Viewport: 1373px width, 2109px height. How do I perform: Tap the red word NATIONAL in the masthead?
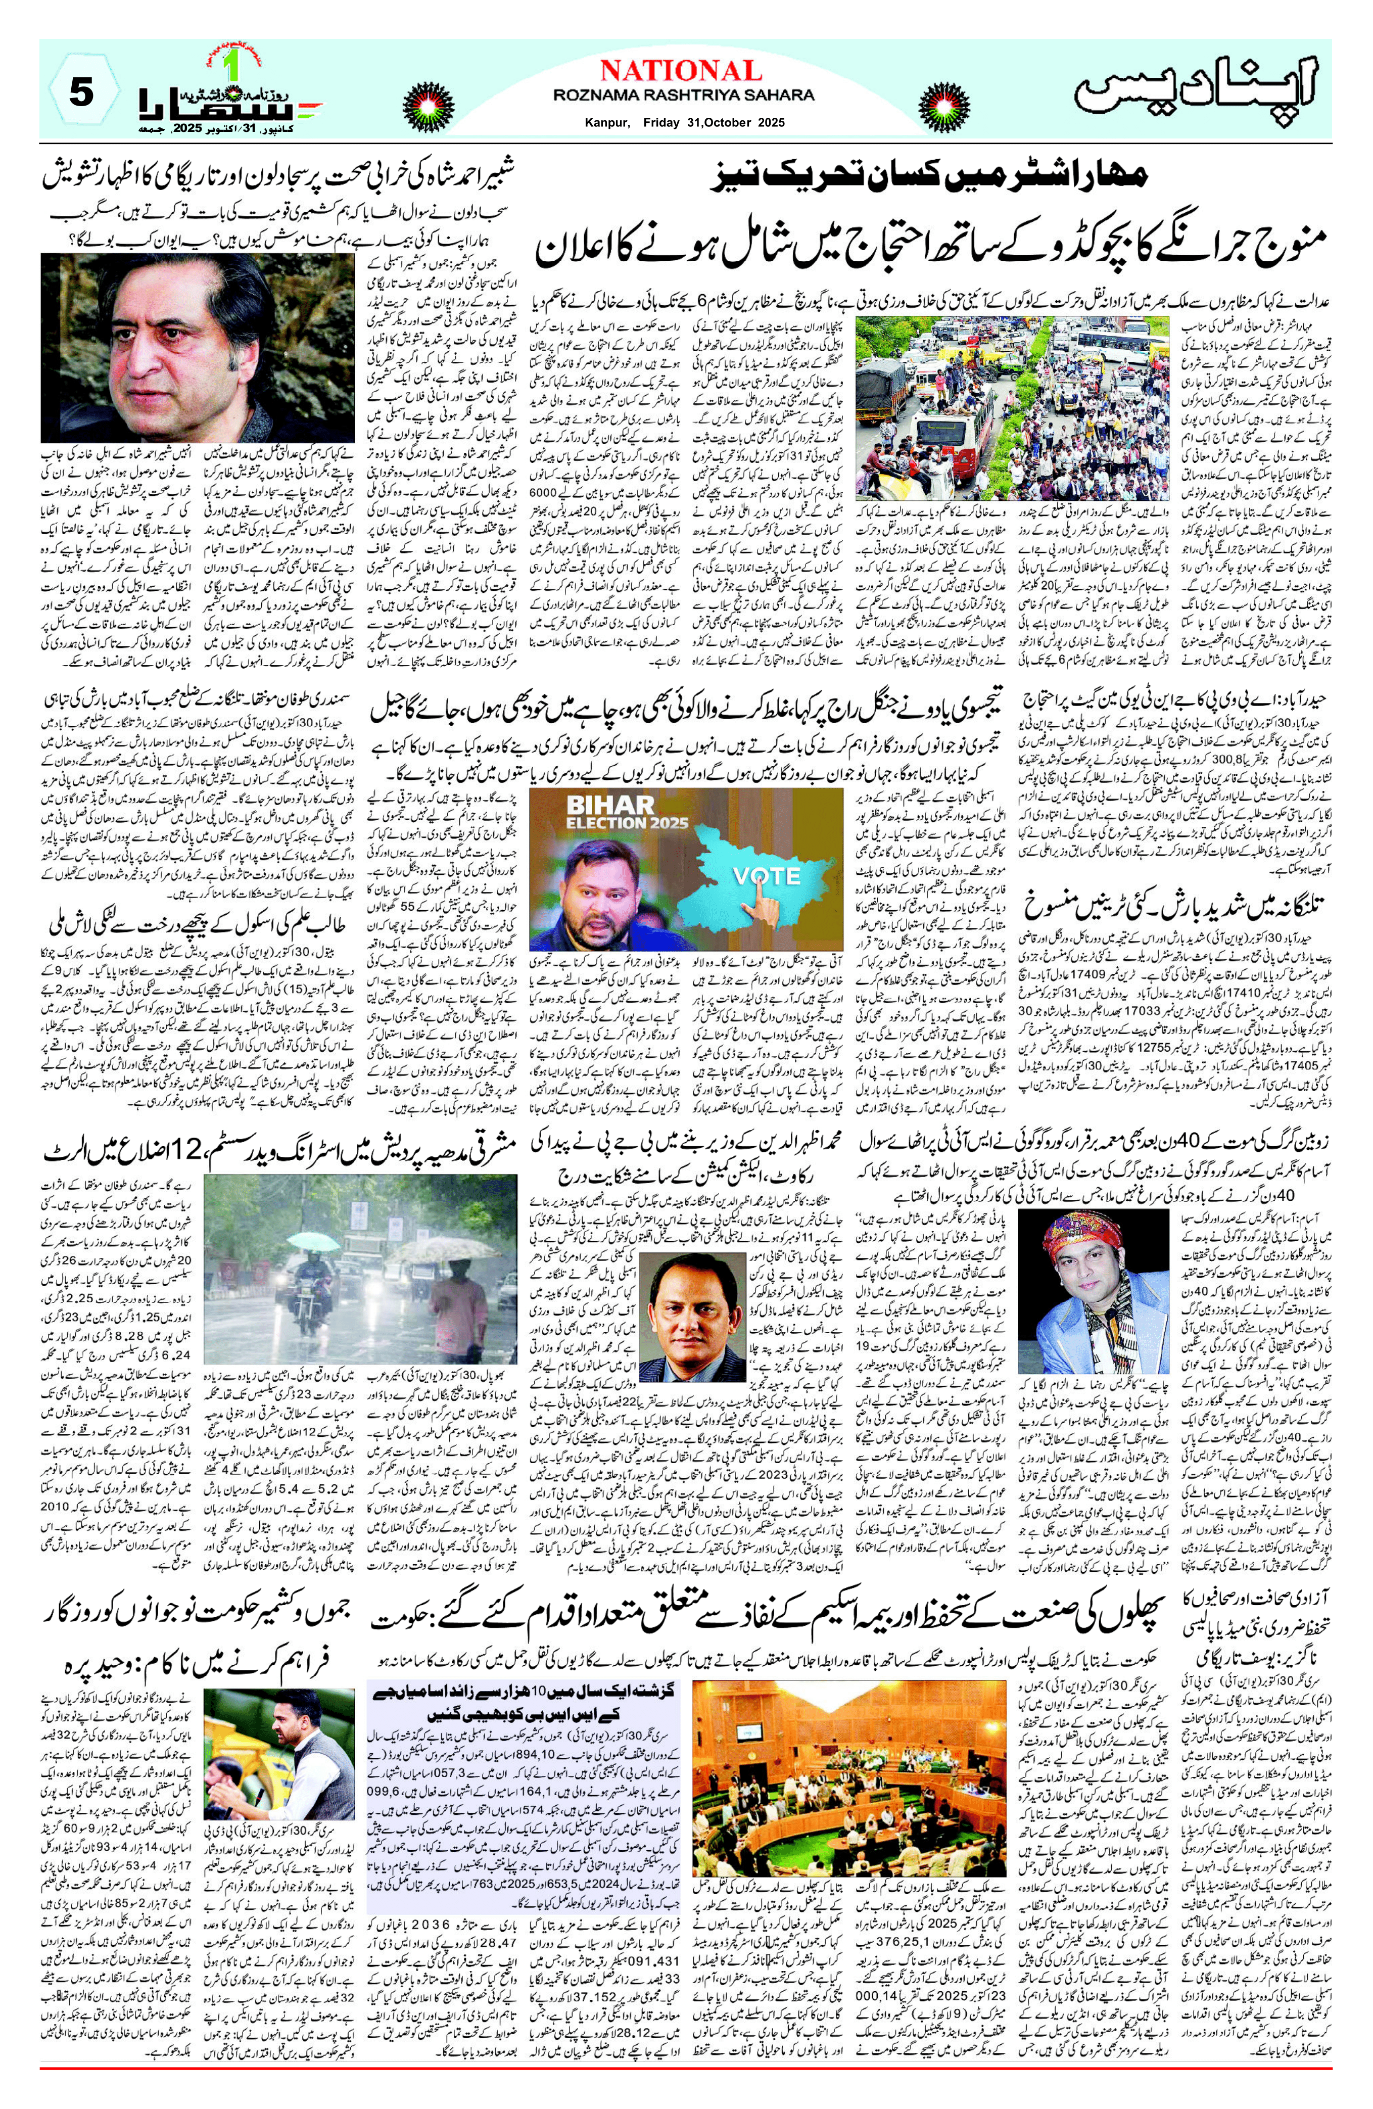(680, 71)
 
